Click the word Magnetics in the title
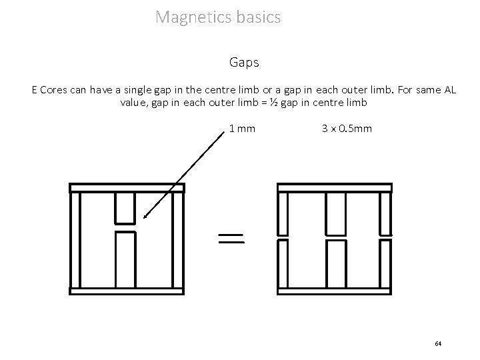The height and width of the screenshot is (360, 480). pyautogui.click(x=193, y=17)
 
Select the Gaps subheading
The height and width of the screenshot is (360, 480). pyautogui.click(x=243, y=63)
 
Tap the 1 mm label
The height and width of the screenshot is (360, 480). pyautogui.click(x=242, y=127)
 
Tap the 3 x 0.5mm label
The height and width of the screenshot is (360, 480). pyautogui.click(x=347, y=127)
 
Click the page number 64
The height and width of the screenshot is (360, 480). pyautogui.click(x=438, y=343)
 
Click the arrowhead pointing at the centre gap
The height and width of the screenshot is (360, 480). pyautogui.click(x=145, y=216)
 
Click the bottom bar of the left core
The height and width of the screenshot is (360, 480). pyautogui.click(x=127, y=291)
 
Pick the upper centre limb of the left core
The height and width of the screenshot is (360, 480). pyautogui.click(x=125, y=207)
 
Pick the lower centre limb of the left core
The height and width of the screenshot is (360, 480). pyautogui.click(x=125, y=260)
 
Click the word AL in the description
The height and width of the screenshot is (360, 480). pyautogui.click(x=448, y=90)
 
